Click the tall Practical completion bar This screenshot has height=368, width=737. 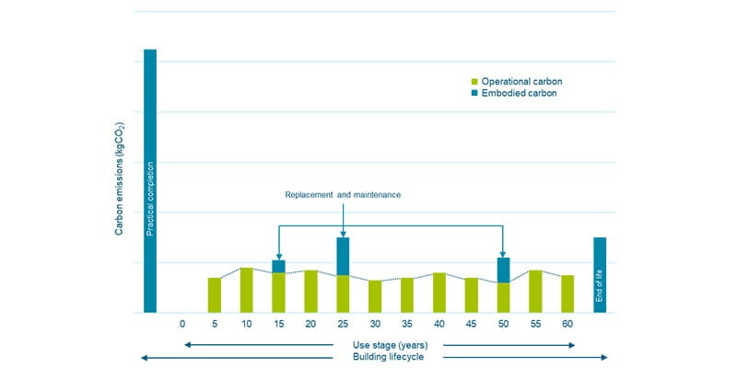[x=150, y=180]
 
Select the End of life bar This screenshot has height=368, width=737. [x=600, y=275]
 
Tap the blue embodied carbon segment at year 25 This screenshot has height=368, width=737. [x=343, y=256]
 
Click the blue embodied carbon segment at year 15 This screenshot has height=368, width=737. [x=278, y=266]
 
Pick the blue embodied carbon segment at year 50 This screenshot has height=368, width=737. [x=503, y=270]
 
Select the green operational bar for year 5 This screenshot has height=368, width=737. [x=214, y=294]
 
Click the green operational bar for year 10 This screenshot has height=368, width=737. [x=246, y=290]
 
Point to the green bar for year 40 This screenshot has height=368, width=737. [x=439, y=293]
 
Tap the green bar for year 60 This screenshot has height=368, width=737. [x=567, y=293]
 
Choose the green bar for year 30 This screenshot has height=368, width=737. [x=375, y=296]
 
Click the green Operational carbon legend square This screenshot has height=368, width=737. [x=474, y=81]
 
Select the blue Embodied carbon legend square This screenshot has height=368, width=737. [x=474, y=93]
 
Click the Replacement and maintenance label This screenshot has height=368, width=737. [x=343, y=195]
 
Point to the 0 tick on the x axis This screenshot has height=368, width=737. [x=182, y=324]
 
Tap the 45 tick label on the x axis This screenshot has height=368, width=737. [x=471, y=324]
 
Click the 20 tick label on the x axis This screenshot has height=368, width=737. [x=310, y=324]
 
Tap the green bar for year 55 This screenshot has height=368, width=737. [x=535, y=292]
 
